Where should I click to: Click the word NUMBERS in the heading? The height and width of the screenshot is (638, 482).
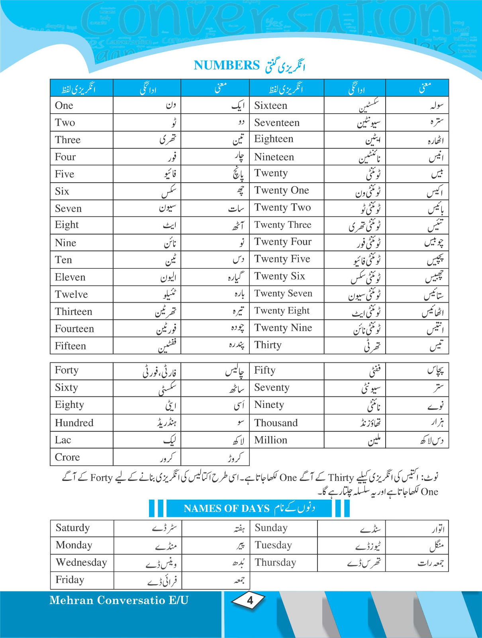[x=226, y=65]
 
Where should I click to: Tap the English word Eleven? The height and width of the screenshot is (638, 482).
[x=70, y=277]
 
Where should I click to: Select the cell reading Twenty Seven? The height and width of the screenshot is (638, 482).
[x=283, y=293]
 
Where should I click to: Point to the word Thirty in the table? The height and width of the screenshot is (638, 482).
[x=268, y=345]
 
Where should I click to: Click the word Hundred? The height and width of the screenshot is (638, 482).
[x=74, y=423]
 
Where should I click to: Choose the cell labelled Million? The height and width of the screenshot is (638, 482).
[x=270, y=440]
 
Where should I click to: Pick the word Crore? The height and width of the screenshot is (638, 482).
[x=67, y=457]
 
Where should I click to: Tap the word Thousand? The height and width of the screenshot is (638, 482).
[x=276, y=423]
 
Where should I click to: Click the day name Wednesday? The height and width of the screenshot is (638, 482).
[x=81, y=562]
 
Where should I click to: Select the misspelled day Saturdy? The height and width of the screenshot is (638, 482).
[x=72, y=528]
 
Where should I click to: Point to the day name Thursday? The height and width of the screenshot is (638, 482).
[x=275, y=562]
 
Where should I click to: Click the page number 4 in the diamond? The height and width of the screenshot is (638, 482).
[x=250, y=600]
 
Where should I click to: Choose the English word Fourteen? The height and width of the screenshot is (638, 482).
[x=74, y=329]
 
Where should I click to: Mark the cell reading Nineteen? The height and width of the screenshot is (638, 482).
[x=274, y=157]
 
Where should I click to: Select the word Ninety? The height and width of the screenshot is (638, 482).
[x=269, y=405]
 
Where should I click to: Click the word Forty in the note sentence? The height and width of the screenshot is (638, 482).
[x=102, y=478]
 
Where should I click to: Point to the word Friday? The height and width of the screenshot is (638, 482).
[x=70, y=579]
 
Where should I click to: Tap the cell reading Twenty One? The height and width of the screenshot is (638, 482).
[x=282, y=191]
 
